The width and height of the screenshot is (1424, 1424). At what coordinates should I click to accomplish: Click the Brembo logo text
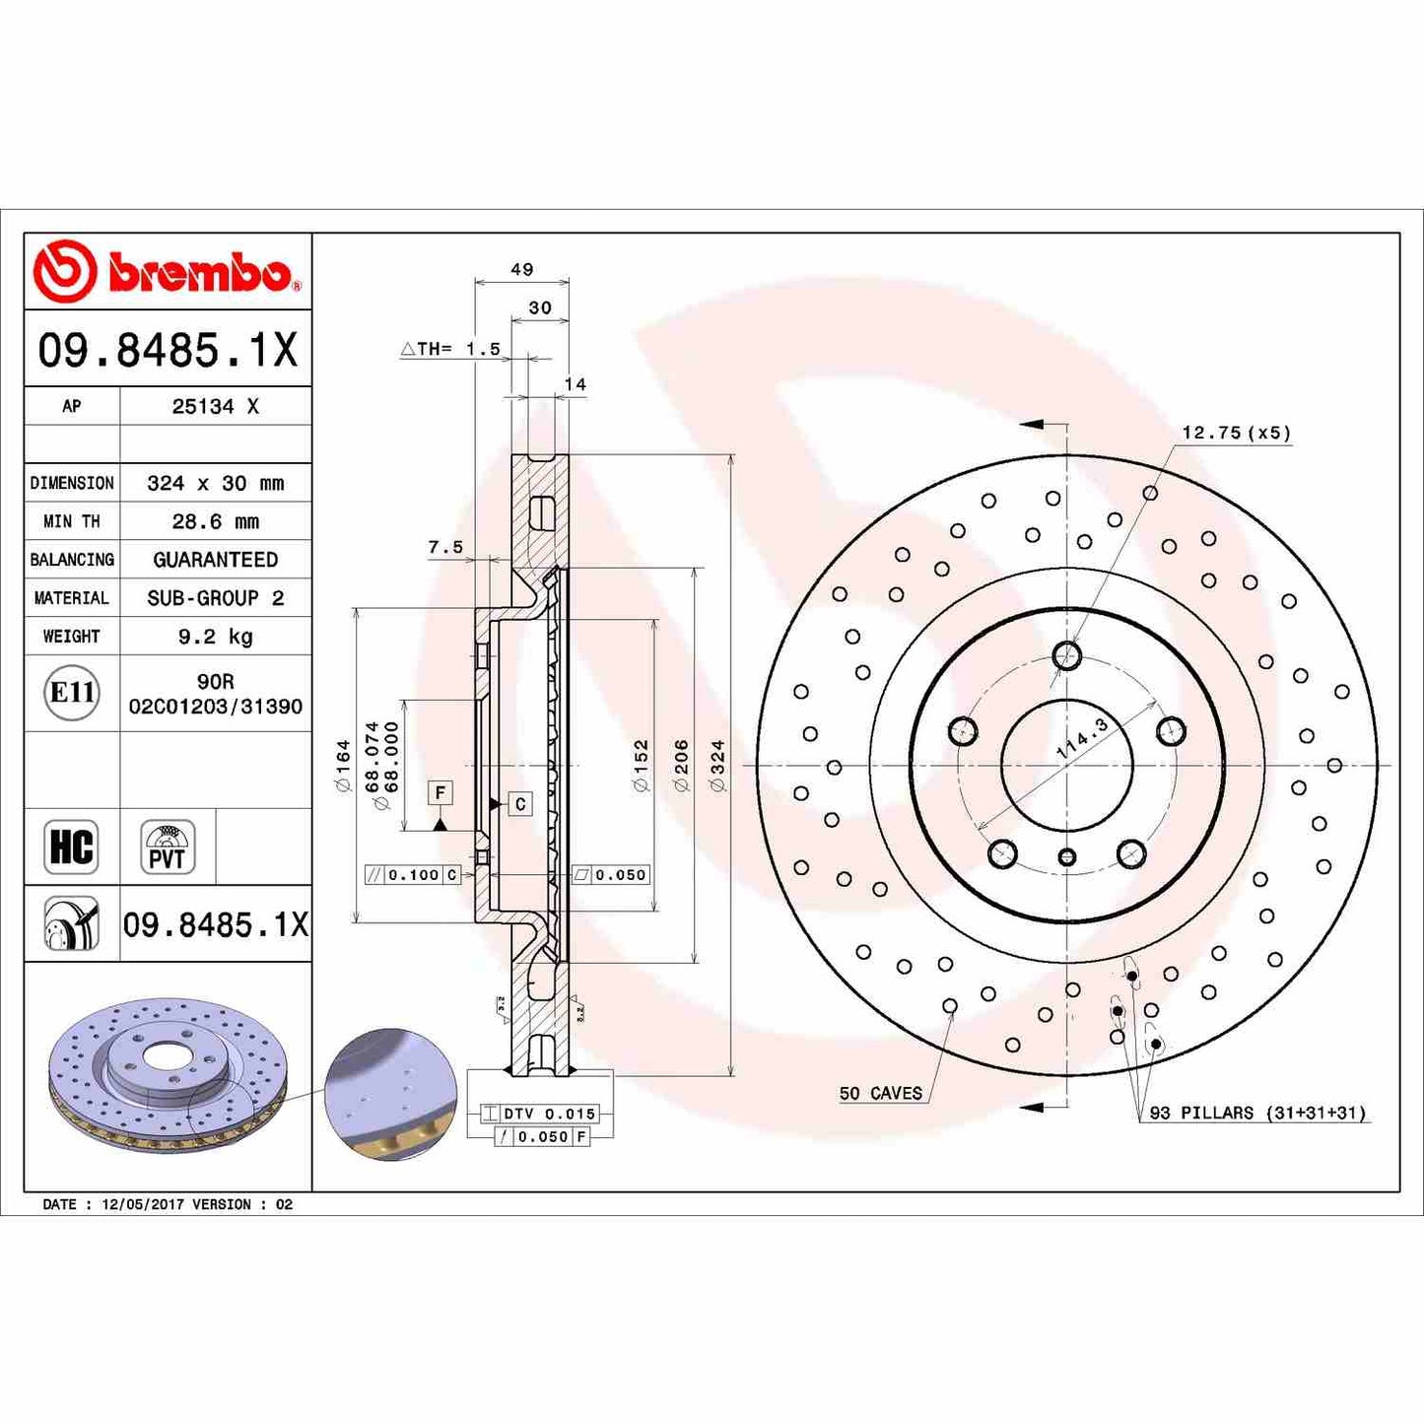(x=200, y=273)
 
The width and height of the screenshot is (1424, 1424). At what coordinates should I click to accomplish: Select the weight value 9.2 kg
(x=215, y=637)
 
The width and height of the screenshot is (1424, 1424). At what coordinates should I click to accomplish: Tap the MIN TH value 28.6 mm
(x=215, y=521)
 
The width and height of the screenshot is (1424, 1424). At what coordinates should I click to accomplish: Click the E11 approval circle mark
(x=72, y=693)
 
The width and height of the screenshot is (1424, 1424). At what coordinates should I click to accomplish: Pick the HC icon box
(x=71, y=847)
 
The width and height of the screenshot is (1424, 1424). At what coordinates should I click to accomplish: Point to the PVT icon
(x=167, y=848)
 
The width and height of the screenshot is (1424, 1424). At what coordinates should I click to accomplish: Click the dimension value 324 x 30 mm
(x=215, y=483)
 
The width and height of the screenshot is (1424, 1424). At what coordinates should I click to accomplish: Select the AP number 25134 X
(x=215, y=406)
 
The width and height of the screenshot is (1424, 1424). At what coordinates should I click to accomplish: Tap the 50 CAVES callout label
(x=880, y=1093)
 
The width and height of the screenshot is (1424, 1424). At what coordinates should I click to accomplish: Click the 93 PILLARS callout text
(x=1257, y=1113)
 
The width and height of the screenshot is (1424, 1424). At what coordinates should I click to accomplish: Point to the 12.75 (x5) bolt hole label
(x=1236, y=433)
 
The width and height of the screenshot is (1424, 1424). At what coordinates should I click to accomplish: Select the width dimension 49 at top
(x=521, y=269)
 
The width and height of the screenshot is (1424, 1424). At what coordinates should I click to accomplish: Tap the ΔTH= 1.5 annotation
(x=450, y=349)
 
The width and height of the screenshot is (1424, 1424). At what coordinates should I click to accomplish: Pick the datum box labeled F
(x=441, y=792)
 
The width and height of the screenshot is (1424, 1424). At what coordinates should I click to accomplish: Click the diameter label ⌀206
(x=681, y=766)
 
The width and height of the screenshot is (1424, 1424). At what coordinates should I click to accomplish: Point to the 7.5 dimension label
(x=445, y=547)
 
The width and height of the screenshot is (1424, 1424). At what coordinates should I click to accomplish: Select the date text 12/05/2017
(x=143, y=1204)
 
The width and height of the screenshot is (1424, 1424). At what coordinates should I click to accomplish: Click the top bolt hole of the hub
(x=1066, y=655)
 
